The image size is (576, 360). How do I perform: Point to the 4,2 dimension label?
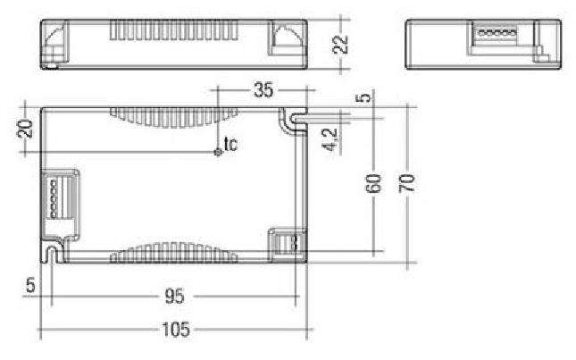pos(331,140)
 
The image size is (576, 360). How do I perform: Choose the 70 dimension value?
pos(407,183)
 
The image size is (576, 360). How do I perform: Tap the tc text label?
pos(230,143)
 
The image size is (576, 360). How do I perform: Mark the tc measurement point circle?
pos(217,151)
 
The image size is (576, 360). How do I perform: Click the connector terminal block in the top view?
pos(59,196)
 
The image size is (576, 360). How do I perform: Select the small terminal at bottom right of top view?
pos(286,244)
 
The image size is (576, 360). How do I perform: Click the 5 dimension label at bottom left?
pos(29,287)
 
